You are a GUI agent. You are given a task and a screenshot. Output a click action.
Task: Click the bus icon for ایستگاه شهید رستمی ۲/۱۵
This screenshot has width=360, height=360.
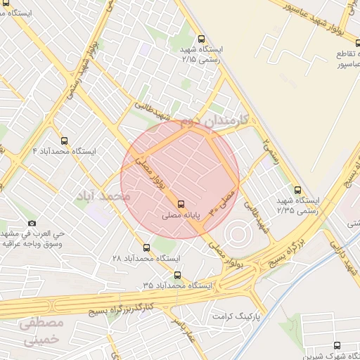coord(202,39)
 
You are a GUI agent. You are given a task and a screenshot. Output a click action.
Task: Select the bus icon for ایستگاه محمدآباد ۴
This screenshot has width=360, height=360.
coord(65,141)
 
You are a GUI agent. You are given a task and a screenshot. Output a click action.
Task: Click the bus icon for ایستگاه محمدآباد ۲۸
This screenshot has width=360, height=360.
coord(147,247)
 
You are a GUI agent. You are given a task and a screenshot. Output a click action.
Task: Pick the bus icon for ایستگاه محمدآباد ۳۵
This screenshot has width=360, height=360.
coord(176,275)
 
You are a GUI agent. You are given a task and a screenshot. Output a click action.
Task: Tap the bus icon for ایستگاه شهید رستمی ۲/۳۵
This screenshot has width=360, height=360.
coord(297,190)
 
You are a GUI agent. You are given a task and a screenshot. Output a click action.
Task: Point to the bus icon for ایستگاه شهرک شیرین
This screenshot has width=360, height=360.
coord(337,345)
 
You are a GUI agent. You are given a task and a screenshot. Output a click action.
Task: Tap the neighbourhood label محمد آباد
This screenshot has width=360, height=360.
coord(106,195)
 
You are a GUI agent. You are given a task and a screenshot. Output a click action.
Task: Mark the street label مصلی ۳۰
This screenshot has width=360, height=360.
coord(226,200)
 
